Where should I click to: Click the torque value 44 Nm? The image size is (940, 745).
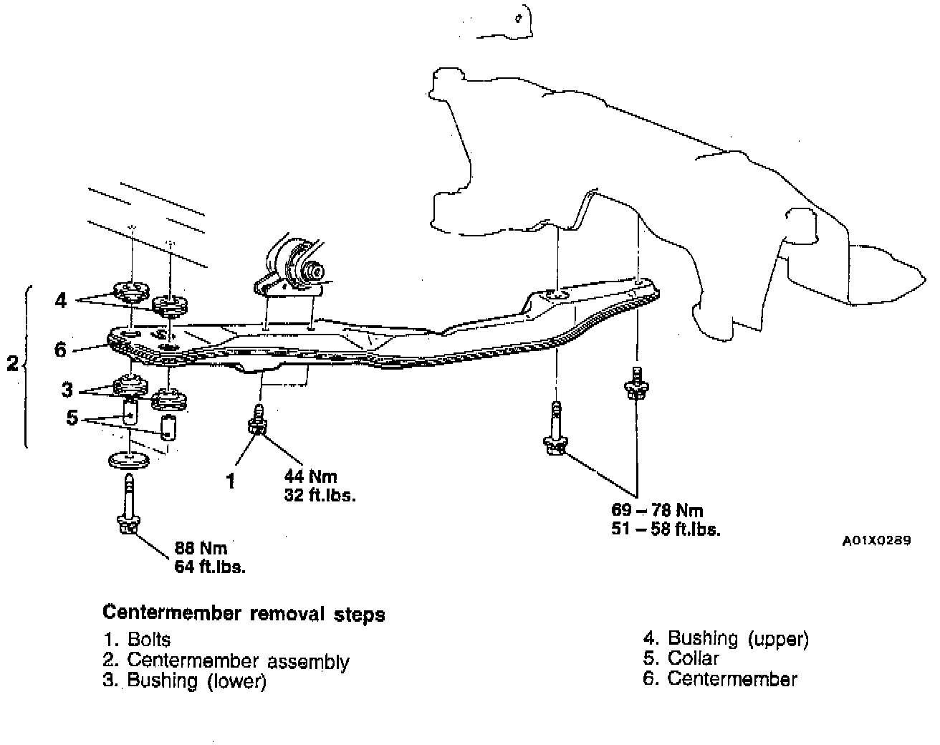coord(310,476)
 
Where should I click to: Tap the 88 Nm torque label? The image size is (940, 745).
coord(201,549)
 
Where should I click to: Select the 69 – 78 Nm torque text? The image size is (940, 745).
coord(657,511)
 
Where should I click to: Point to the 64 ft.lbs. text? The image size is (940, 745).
coord(210,567)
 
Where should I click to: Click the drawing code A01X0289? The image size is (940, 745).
coord(876,541)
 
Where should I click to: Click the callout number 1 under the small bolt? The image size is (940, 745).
coord(231,482)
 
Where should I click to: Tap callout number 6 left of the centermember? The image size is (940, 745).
coord(60,350)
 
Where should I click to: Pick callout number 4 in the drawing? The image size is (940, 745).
coord(61,300)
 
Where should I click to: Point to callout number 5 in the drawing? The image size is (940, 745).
coord(72,417)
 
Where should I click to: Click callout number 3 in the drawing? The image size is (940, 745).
coord(67,390)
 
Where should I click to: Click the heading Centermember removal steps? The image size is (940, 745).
coord(244,614)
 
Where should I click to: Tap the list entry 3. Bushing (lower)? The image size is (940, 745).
coord(184,681)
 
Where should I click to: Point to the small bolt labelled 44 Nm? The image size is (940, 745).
coord(256,419)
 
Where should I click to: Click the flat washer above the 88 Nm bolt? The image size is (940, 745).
coord(128,459)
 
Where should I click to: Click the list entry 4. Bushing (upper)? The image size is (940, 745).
coord(725,638)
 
